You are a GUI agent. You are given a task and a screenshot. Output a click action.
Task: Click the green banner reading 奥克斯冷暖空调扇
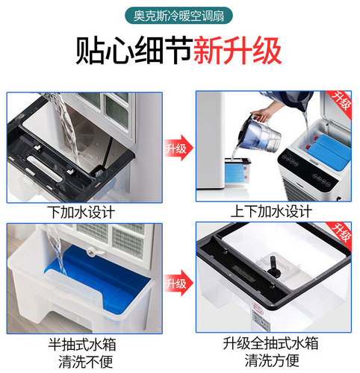click(x=179, y=16)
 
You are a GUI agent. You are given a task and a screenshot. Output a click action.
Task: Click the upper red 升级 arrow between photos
click(x=177, y=148)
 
